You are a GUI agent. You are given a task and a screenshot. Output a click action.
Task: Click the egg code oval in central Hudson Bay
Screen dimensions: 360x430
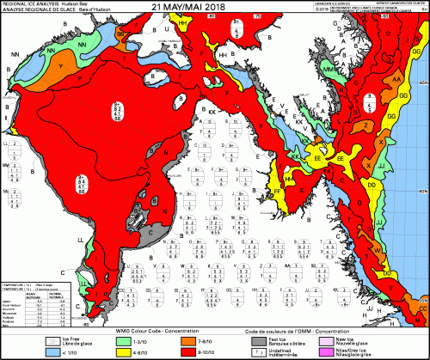(x=118, y=111)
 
